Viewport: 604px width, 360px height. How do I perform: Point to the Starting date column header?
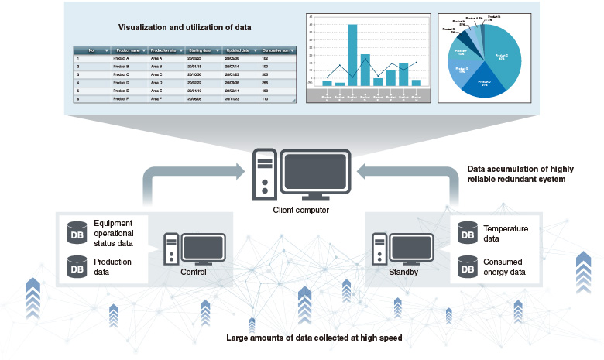coord(203,50)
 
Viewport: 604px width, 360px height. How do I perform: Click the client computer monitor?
coord(314,175)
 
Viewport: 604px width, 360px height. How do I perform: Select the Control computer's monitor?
coord(204,249)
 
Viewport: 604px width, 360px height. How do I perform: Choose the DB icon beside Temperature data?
coord(467,231)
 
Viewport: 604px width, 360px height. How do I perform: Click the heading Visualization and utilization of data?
coord(184,27)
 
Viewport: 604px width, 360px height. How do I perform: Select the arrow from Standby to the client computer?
coord(434,178)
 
